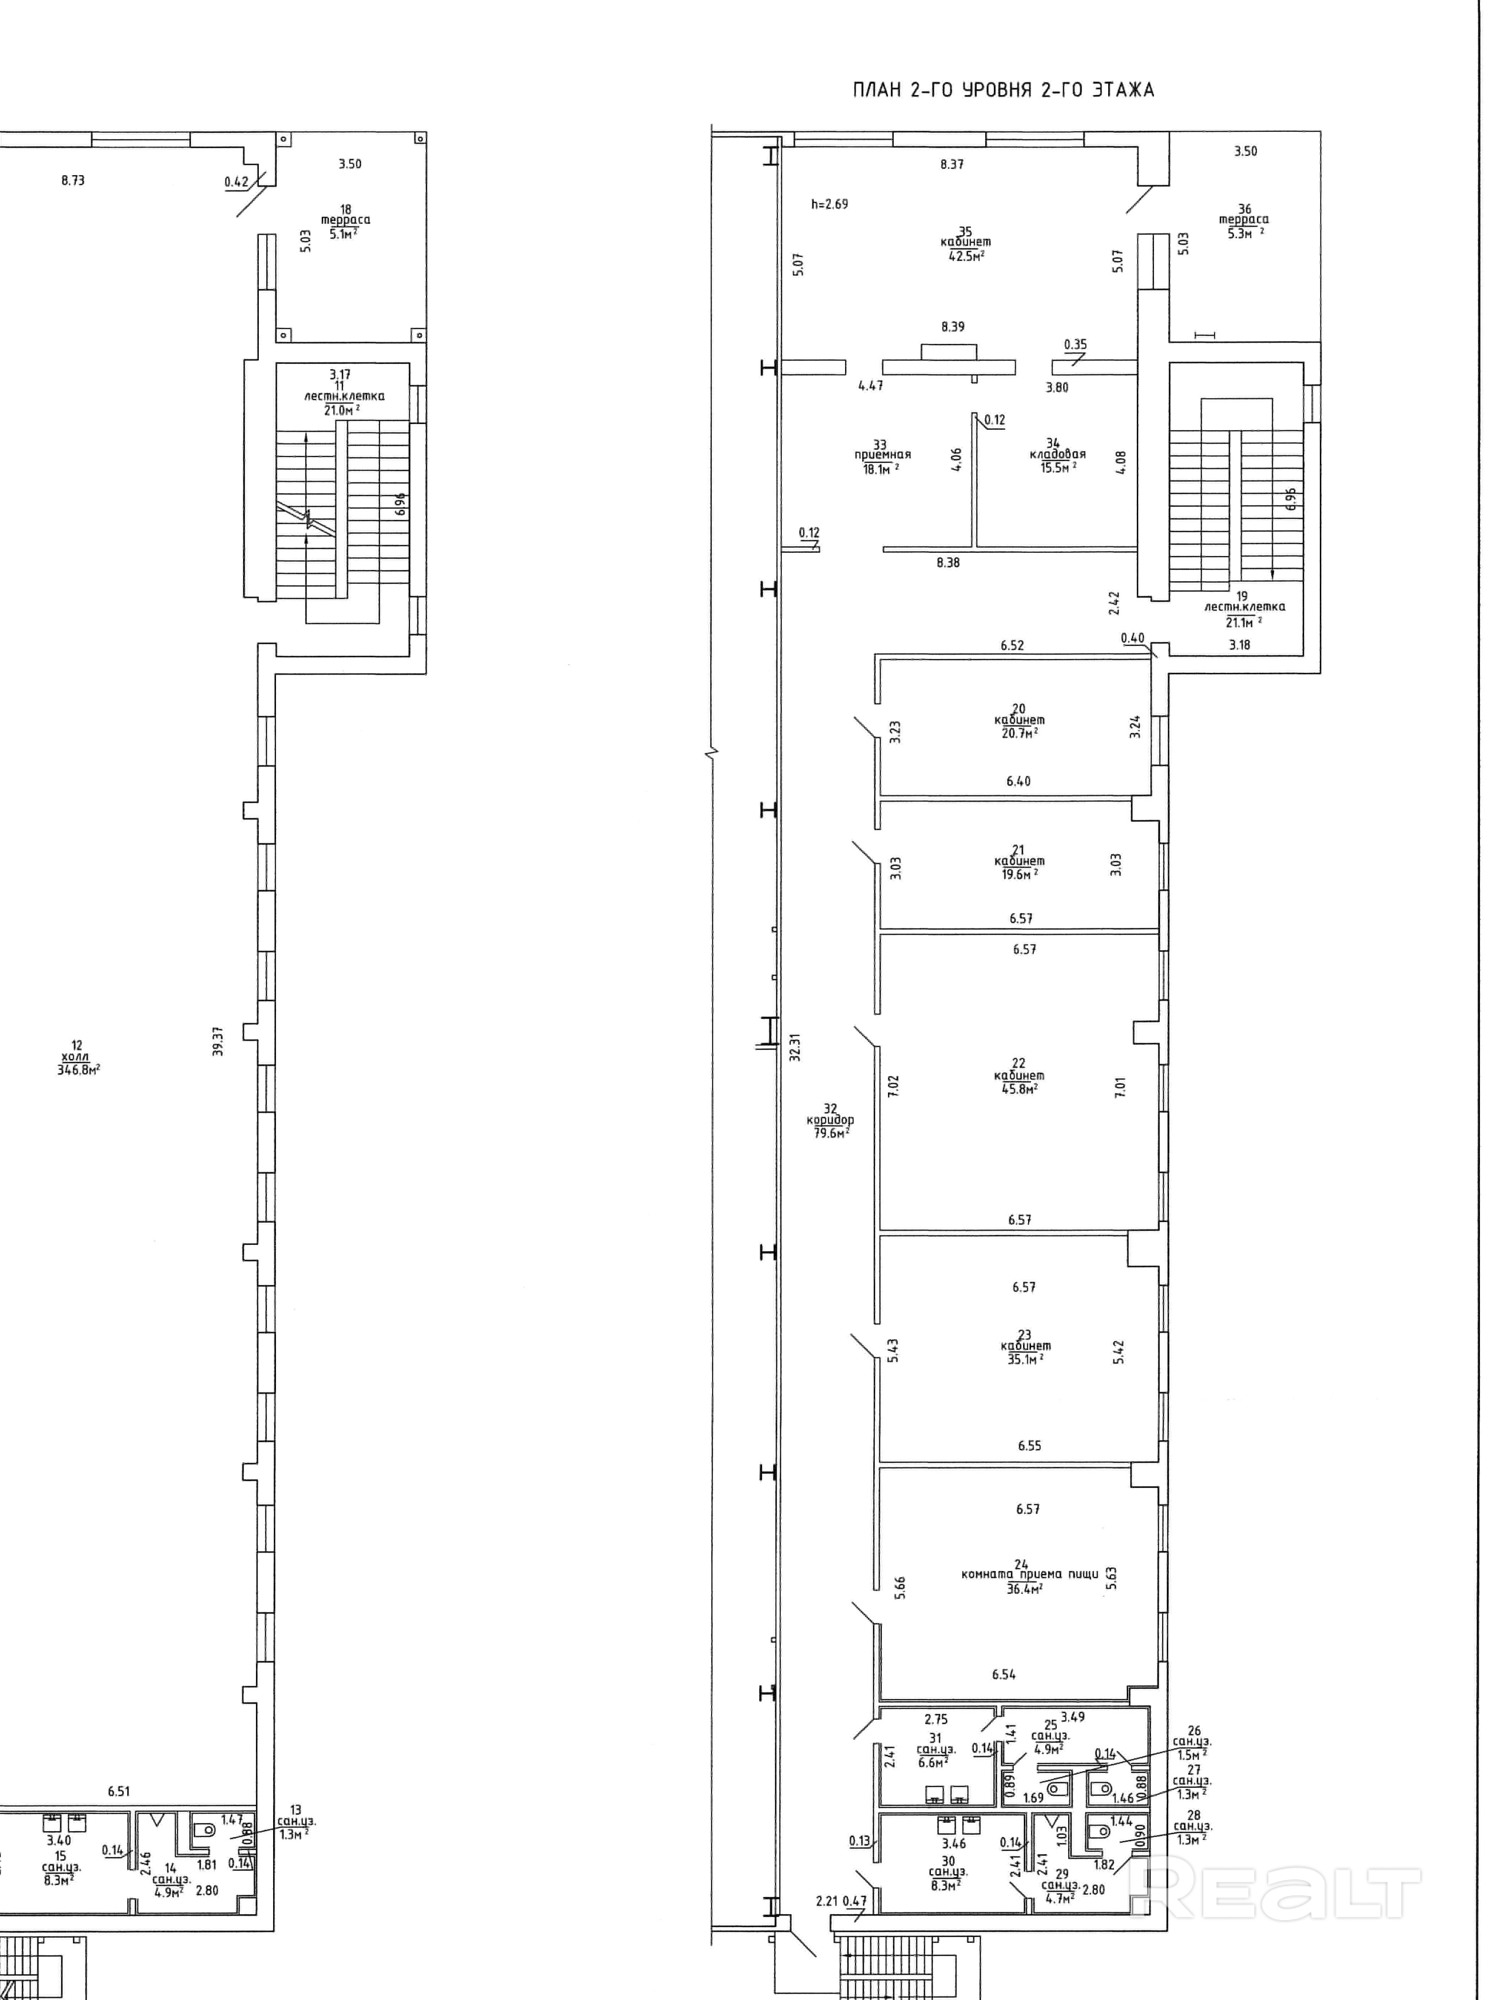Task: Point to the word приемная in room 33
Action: [x=880, y=456]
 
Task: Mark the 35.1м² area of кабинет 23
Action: [x=1025, y=1359]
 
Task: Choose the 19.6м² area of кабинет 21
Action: [x=1019, y=874]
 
